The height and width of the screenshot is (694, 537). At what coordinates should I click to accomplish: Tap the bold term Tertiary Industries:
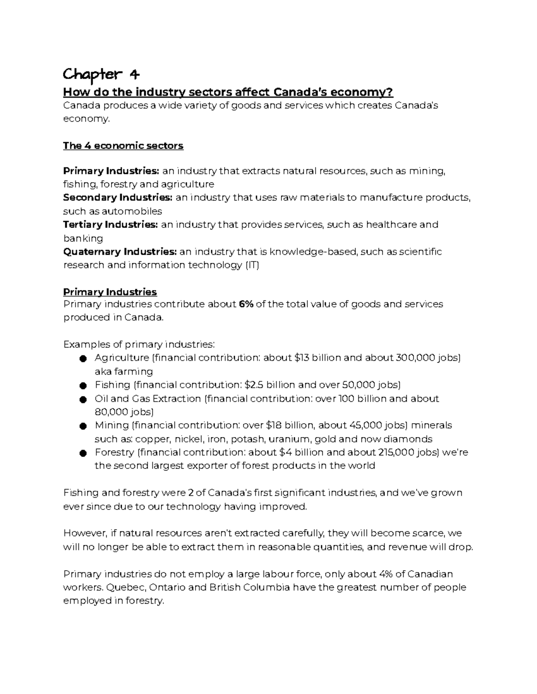(110, 225)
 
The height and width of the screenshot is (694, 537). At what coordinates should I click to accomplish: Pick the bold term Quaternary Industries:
(120, 252)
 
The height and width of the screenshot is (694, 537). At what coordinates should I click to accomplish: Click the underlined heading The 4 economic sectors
(123, 146)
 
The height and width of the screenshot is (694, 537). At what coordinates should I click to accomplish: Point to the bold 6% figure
(246, 304)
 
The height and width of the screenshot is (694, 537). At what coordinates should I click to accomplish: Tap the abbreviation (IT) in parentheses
(252, 265)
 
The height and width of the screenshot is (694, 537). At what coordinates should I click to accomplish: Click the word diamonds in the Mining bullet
(407, 439)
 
